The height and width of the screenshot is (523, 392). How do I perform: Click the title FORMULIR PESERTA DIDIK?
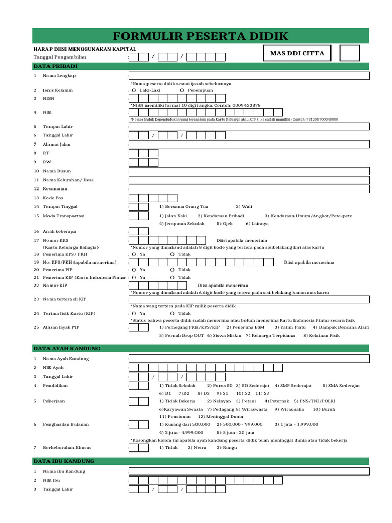tap(200, 36)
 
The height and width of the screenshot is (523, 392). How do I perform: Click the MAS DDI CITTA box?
tap(297, 53)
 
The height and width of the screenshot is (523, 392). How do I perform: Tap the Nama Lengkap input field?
tap(249, 76)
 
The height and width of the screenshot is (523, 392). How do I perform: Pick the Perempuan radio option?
tap(182, 90)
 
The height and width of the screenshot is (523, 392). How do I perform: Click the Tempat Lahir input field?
tap(249, 126)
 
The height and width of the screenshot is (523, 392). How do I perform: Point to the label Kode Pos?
tap(53, 198)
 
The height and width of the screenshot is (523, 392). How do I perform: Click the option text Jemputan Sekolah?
tap(182, 224)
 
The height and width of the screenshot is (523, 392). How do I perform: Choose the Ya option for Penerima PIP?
tap(134, 269)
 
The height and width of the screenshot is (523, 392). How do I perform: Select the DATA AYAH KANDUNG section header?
tap(67, 348)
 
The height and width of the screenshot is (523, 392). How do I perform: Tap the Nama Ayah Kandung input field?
tap(249, 359)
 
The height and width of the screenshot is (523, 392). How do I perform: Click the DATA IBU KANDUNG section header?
tap(64, 461)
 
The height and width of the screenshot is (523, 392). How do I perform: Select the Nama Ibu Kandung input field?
tap(249, 471)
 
